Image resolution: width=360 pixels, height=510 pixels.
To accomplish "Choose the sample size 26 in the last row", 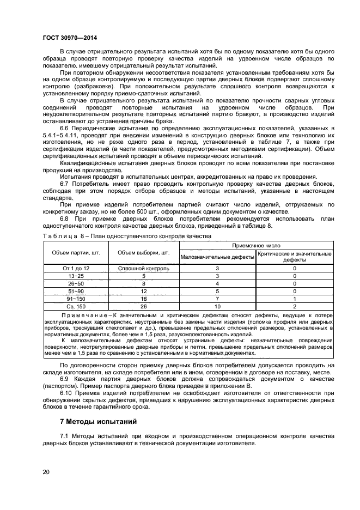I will [x=144, y=306].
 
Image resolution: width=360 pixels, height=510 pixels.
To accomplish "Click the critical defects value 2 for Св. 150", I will [x=295, y=306].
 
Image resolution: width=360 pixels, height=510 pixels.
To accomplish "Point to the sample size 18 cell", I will [x=144, y=299].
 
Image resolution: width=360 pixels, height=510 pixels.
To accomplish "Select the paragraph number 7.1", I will [x=65, y=437].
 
